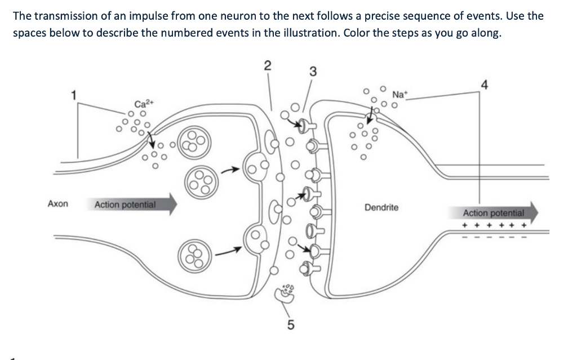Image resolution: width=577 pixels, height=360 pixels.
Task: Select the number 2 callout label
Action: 268,65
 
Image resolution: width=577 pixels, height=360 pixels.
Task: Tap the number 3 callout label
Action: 313,72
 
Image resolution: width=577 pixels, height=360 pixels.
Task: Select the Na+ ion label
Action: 399,94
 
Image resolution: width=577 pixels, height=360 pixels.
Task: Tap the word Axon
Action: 58,204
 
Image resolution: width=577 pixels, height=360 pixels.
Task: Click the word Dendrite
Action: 381,207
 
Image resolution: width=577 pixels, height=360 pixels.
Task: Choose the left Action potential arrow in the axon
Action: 134,205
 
